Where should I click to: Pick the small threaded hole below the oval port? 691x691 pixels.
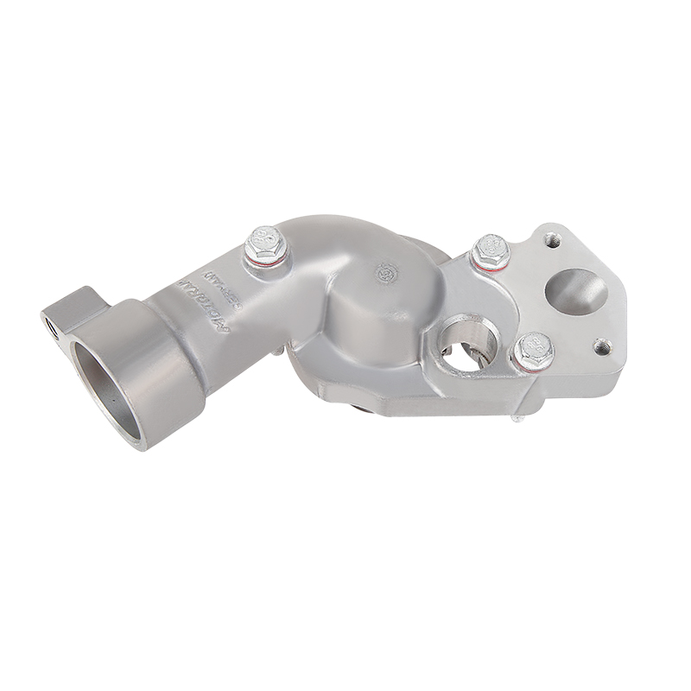coord(603,346)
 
